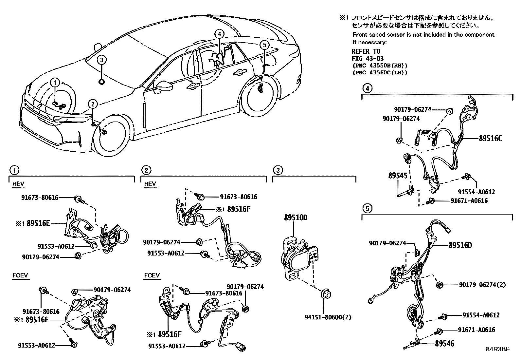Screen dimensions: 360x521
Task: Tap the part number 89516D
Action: click(x=460, y=245)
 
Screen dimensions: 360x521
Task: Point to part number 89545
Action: click(x=398, y=176)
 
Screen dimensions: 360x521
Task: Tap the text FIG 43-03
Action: click(x=368, y=59)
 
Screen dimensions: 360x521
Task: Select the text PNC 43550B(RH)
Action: click(x=380, y=66)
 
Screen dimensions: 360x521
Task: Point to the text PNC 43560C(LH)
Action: click(x=380, y=72)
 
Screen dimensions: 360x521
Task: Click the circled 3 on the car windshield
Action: click(x=102, y=60)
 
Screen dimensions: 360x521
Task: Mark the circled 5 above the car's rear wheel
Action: click(x=265, y=45)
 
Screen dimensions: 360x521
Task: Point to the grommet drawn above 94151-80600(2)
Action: click(x=326, y=294)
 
